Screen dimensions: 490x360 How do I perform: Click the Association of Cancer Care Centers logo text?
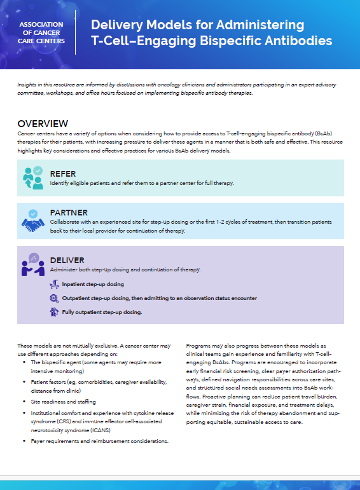click(x=42, y=32)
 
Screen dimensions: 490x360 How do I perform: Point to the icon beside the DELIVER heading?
click(x=32, y=265)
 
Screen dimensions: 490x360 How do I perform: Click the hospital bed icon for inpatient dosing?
click(x=55, y=284)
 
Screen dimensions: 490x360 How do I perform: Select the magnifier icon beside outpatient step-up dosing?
click(x=55, y=298)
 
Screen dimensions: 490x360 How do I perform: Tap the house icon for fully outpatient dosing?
click(x=55, y=312)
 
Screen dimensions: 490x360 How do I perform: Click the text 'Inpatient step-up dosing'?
click(x=93, y=284)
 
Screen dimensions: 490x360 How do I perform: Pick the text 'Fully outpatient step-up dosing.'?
click(x=102, y=312)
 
